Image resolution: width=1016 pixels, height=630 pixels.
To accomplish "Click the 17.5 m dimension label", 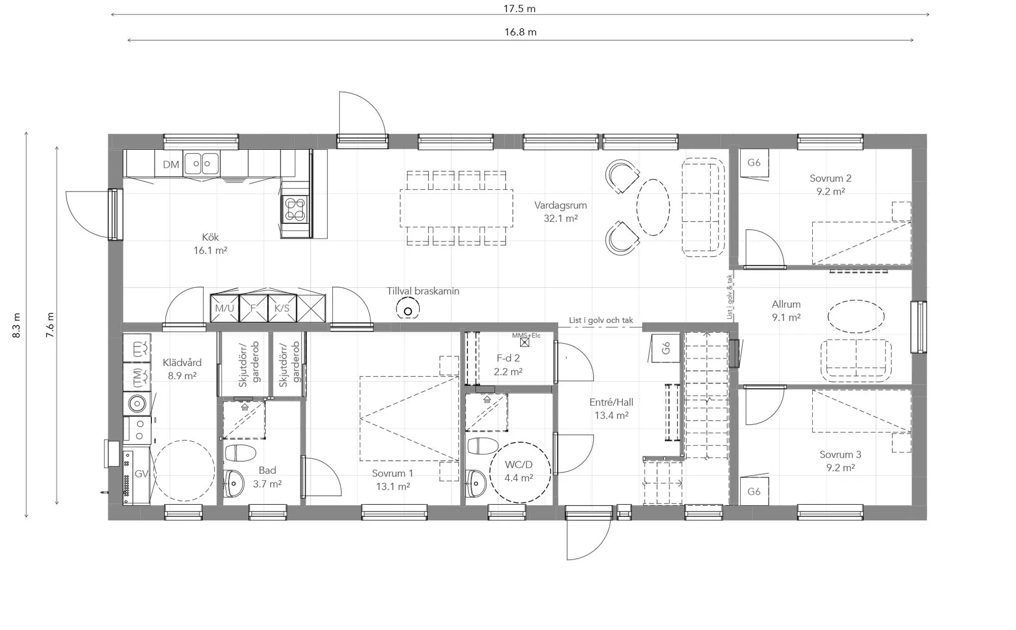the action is (x=519, y=8).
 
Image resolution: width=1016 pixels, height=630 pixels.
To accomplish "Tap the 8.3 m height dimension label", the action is (x=16, y=325).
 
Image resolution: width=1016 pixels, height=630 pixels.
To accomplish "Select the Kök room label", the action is (x=210, y=237).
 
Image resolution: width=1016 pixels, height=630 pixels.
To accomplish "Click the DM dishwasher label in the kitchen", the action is (x=170, y=165).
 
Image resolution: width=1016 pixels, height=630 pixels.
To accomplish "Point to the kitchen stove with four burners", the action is (x=294, y=208).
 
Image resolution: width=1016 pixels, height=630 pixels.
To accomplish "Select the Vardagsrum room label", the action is (x=560, y=205).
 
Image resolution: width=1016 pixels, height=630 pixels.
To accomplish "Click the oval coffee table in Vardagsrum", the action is (x=653, y=207).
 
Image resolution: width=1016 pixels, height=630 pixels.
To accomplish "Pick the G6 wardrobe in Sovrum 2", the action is (x=754, y=162).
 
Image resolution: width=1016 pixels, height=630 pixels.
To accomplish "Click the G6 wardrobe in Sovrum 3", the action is (x=754, y=491).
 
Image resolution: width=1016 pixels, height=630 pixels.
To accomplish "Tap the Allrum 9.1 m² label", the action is (x=786, y=311).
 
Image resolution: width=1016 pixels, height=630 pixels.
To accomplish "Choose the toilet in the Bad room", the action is (x=241, y=453).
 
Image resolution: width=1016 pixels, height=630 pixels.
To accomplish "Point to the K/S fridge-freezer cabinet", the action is (x=282, y=308).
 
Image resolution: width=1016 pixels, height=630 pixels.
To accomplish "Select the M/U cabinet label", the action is (x=224, y=308).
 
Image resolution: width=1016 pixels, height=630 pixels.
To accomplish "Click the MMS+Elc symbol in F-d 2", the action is (x=525, y=342).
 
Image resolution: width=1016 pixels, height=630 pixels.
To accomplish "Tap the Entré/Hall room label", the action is (x=611, y=402).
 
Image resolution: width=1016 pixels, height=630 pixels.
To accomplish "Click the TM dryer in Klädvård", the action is (x=137, y=377).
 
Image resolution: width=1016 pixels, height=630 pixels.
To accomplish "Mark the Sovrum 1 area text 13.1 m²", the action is (x=393, y=487).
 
